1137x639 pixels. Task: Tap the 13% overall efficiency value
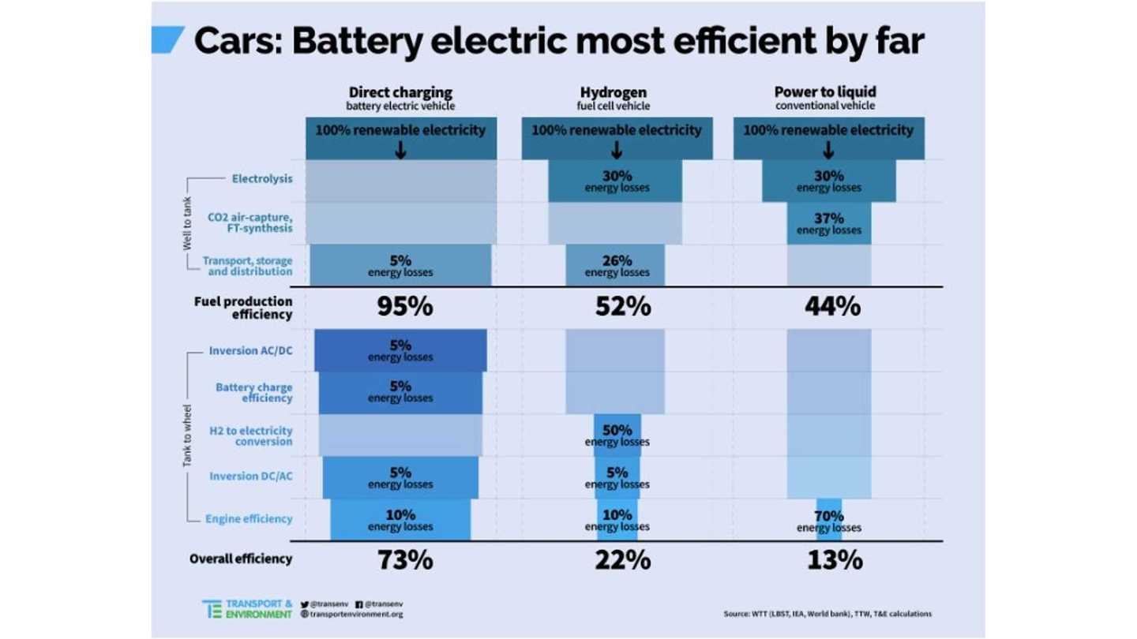(x=828, y=560)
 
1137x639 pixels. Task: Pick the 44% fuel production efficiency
(x=828, y=306)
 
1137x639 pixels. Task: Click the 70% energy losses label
(x=828, y=521)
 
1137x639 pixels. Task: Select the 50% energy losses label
(x=617, y=435)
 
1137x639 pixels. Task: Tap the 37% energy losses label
(x=828, y=223)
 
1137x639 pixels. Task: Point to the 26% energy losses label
(x=617, y=266)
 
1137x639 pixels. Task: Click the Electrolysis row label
(x=261, y=178)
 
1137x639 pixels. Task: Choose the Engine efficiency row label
(x=249, y=519)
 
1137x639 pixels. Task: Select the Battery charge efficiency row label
(x=253, y=393)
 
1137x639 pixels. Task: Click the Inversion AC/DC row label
(x=250, y=350)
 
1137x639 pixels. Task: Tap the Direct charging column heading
(x=400, y=92)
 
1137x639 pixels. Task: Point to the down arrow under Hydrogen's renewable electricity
(x=617, y=150)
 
